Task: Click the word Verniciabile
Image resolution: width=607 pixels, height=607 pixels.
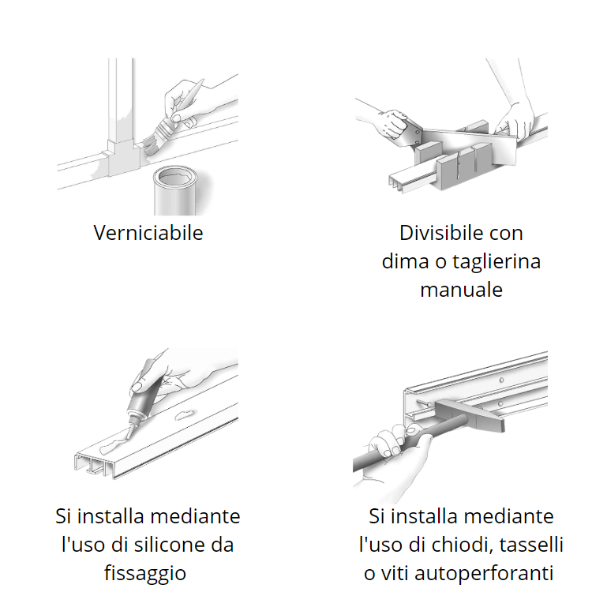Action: point(148,233)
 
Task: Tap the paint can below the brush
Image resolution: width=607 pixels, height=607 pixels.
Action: point(176,190)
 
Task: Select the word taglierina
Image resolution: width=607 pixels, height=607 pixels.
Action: point(496,262)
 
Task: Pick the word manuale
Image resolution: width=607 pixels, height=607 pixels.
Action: point(462,290)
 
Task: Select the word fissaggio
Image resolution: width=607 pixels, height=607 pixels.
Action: point(145,574)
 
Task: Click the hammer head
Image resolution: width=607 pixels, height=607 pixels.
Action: point(469,414)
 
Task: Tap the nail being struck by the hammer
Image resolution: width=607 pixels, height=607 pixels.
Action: point(425,403)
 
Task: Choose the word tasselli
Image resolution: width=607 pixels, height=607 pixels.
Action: point(531,545)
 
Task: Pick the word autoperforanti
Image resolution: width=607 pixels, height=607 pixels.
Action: point(484,574)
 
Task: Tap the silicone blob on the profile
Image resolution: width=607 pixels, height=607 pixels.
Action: point(112,445)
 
